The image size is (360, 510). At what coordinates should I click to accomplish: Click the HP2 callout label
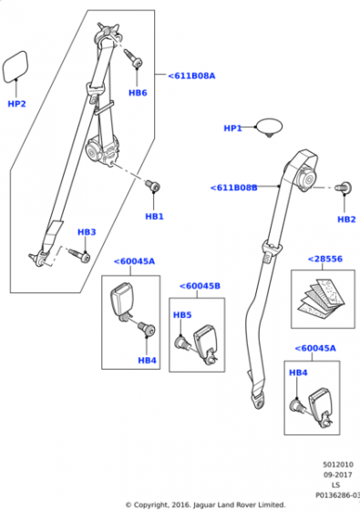tap(16, 104)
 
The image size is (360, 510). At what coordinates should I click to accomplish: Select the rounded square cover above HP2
tap(15, 66)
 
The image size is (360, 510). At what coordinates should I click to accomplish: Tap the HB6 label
tap(138, 93)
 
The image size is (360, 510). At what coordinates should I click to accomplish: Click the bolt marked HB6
tap(133, 57)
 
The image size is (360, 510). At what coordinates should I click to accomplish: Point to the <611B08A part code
tap(191, 76)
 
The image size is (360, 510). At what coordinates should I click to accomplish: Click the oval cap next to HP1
tap(270, 127)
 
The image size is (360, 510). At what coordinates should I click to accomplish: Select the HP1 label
tap(232, 128)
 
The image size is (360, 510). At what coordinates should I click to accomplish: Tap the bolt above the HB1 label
tap(152, 186)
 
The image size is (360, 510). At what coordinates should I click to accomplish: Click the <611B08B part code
tap(233, 188)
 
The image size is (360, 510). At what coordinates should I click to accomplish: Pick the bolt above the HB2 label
tap(343, 188)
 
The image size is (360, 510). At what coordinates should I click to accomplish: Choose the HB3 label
tap(87, 232)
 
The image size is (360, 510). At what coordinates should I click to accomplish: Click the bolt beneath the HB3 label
tap(79, 255)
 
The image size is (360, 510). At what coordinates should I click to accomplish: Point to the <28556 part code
tap(324, 259)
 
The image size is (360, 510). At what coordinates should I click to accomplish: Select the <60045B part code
tap(200, 286)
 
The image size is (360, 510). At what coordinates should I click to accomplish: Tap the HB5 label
tap(182, 315)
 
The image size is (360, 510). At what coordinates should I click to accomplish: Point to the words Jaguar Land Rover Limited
tap(239, 505)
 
